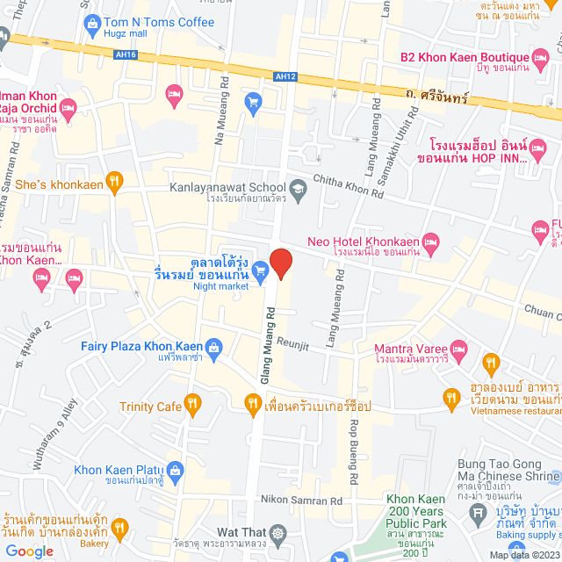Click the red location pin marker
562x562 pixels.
(x=280, y=263)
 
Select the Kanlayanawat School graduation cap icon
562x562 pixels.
(x=299, y=187)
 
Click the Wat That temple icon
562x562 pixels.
(x=278, y=533)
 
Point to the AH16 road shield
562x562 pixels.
(x=126, y=54)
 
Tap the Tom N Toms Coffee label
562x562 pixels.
(x=159, y=22)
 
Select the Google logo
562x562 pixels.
(x=29, y=551)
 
